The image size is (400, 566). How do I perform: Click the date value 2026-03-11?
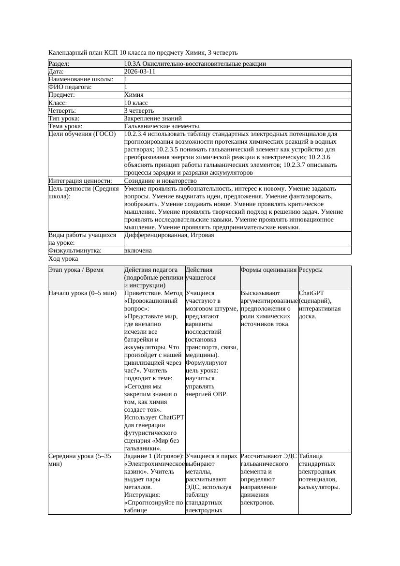[140, 72]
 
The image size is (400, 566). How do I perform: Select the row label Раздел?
[59, 64]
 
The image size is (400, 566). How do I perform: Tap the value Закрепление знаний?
[153, 119]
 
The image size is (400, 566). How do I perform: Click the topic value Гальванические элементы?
[163, 126]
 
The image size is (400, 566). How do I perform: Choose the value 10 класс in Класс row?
[136, 103]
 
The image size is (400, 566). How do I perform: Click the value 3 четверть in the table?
[139, 111]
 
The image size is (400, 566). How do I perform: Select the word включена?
[138, 251]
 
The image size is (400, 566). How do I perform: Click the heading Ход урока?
[63, 259]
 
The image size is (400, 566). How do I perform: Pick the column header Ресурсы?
[311, 270]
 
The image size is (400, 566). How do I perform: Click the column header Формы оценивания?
[268, 270]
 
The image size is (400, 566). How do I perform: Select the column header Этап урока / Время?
[76, 270]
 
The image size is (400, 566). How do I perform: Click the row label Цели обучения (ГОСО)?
[82, 134]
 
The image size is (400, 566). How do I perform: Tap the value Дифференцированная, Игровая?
[169, 235]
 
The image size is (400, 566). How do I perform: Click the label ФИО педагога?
[70, 87]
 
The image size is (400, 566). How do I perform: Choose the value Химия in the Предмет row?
[133, 95]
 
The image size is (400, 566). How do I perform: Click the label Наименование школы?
[81, 79]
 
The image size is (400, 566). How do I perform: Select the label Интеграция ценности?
[80, 181]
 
